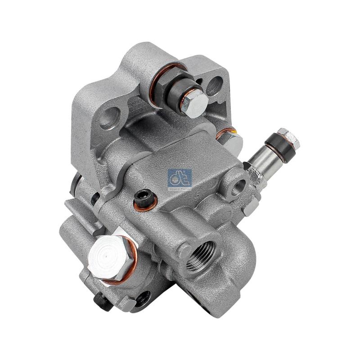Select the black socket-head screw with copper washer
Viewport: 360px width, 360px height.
coord(143,198)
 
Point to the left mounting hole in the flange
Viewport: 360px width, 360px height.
coord(108,116)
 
